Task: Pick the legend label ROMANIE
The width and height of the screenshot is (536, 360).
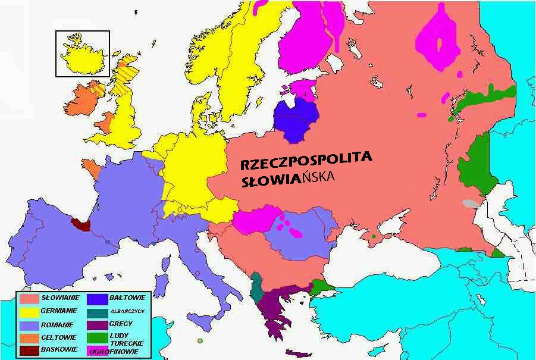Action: (57, 325)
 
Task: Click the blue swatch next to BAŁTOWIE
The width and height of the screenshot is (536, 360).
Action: (98, 298)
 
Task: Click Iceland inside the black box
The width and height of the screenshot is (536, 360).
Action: (82, 55)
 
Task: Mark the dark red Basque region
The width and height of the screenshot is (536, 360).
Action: (80, 224)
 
